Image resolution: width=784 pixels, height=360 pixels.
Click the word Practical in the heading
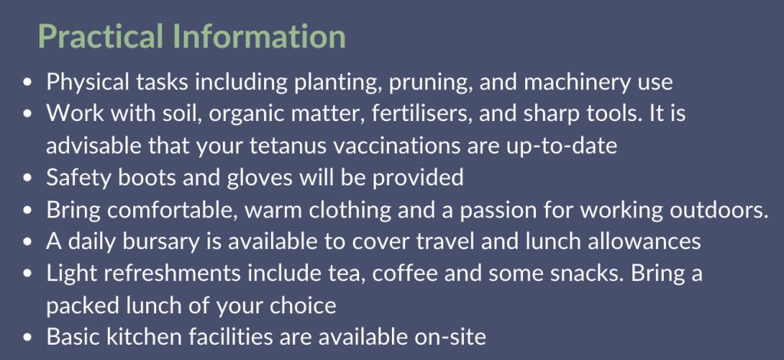click(100, 37)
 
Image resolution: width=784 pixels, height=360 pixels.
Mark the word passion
click(496, 211)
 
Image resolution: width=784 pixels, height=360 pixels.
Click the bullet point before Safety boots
click(28, 178)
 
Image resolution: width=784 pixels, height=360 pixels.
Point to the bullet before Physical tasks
click(28, 83)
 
